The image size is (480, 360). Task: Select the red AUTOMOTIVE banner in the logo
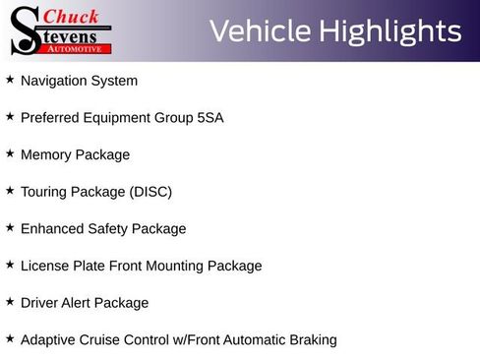pos(76,48)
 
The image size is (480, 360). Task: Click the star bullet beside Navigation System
pos(10,80)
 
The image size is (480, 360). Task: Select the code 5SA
pos(210,118)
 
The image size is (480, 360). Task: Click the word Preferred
pos(50,118)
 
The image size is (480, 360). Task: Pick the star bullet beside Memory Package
pos(10,153)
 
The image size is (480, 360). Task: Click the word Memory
pos(45,154)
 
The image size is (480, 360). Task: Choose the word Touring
pos(45,192)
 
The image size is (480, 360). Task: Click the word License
pos(45,266)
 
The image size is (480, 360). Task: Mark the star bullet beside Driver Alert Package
pos(10,302)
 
